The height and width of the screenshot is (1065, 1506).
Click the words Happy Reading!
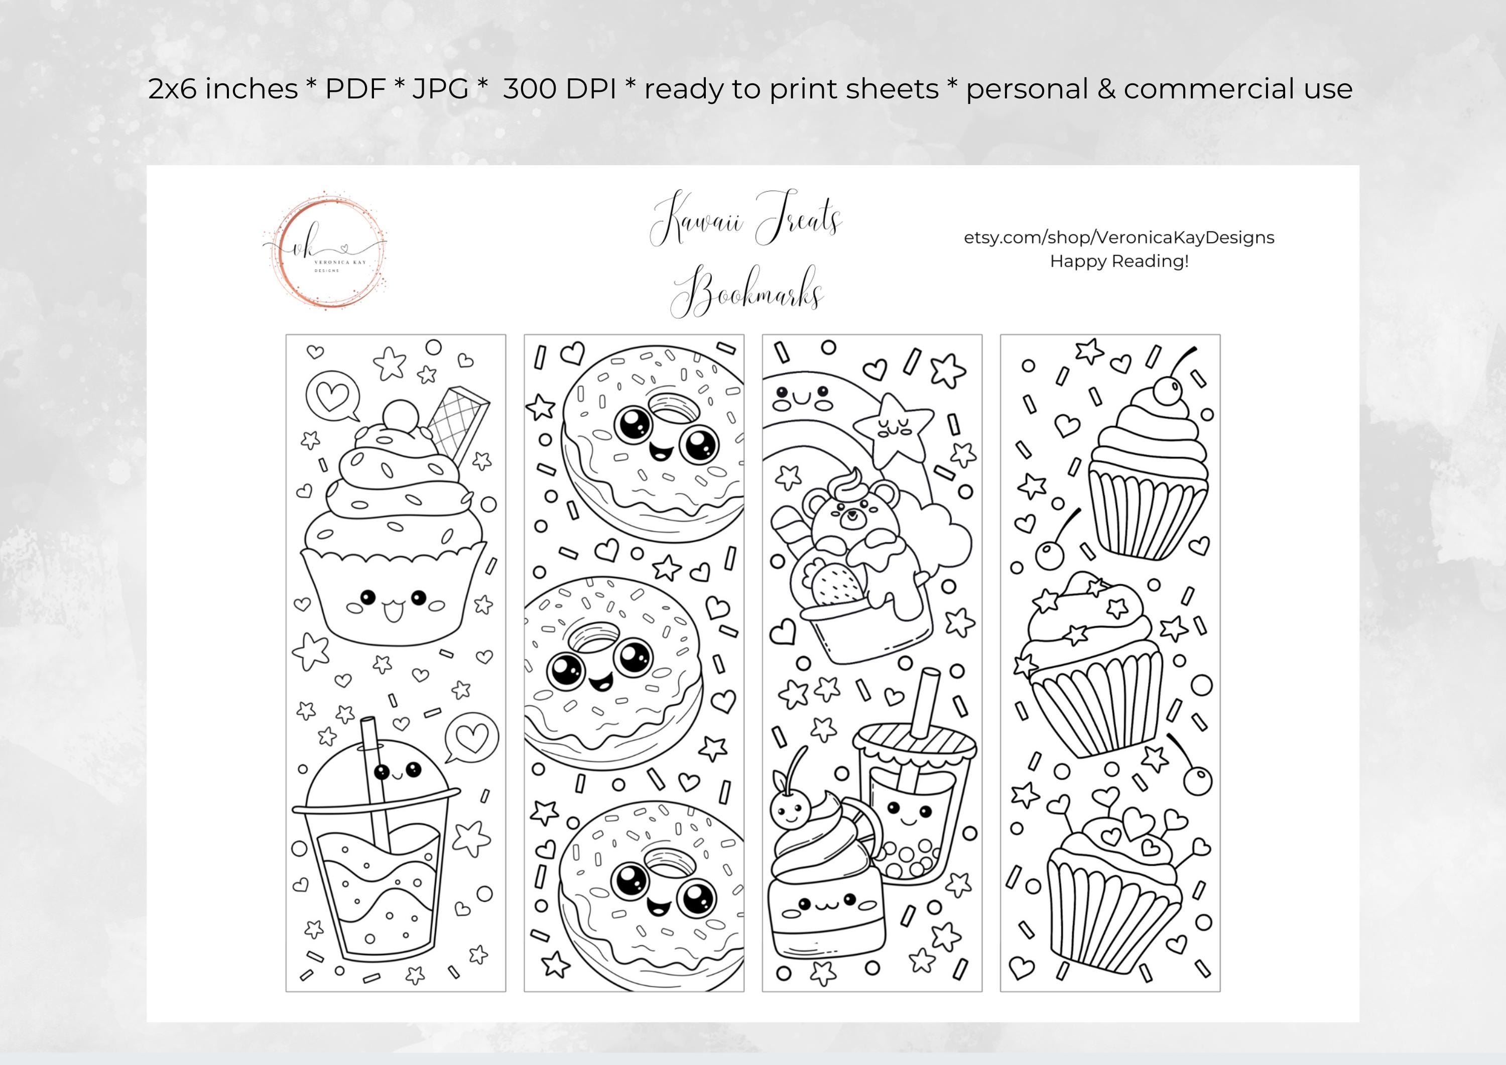[1119, 261]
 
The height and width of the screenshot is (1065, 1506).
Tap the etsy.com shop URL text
[1118, 238]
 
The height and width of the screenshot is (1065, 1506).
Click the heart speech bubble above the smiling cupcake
[332, 397]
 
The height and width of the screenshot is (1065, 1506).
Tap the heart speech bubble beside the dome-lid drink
[471, 738]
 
